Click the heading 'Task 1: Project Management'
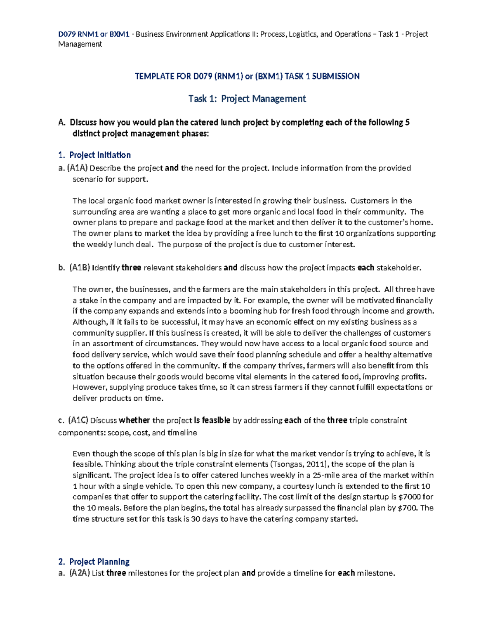coord(247,99)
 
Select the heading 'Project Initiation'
coord(100,155)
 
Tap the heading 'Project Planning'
coord(99,562)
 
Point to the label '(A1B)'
coord(79,268)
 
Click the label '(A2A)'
coord(79,573)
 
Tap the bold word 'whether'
coord(134,421)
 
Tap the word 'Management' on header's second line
coord(80,44)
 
